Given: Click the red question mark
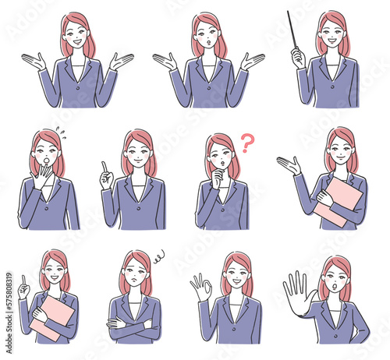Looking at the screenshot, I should pos(247,143).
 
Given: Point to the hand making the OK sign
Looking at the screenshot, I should pos(200,288).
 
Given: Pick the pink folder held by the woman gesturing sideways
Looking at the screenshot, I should pos(341,202).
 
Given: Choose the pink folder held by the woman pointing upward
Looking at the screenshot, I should pos(51,317).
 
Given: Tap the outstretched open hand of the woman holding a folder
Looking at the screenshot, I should pos(289,164).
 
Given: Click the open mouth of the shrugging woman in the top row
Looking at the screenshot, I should pos(208,41).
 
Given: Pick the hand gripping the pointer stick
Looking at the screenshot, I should pos(297,57).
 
